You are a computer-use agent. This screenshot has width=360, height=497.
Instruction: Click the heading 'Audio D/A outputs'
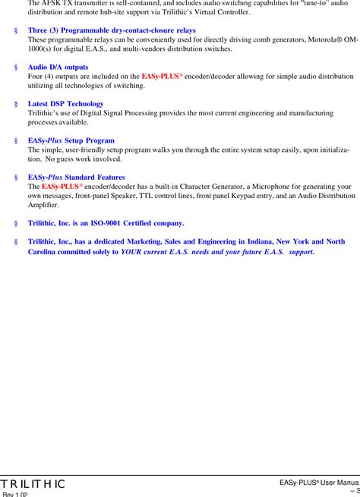tap(58, 68)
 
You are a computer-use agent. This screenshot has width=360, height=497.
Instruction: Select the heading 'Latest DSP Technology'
tap(66, 104)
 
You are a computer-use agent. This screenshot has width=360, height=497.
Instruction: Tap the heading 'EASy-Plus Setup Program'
tap(71, 140)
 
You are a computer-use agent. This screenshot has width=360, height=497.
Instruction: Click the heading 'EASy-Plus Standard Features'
tap(76, 177)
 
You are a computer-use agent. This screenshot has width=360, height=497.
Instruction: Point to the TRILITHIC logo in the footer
tap(33, 484)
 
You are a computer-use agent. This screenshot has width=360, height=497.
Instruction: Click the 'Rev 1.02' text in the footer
tap(16, 494)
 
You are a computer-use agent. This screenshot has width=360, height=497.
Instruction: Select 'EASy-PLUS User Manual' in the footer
tap(319, 483)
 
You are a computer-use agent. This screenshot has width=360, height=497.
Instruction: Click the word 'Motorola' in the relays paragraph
tap(304, 39)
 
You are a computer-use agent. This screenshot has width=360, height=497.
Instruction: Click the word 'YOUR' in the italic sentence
tap(132, 251)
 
